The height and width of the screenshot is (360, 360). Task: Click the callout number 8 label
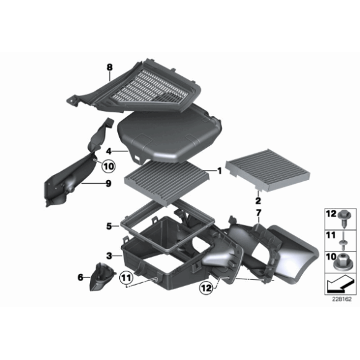(110, 67)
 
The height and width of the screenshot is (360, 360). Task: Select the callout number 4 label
(109, 151)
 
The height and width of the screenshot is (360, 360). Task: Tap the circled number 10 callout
(109, 166)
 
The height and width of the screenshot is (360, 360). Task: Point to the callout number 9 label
(109, 184)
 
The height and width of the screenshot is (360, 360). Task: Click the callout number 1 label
(220, 171)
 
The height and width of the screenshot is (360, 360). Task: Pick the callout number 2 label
(258, 200)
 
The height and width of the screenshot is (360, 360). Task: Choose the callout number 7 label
(259, 213)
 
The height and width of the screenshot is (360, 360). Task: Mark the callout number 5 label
(109, 227)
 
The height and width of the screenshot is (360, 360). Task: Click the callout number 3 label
(109, 256)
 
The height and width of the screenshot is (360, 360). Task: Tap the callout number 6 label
(80, 277)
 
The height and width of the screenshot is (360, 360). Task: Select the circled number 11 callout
(126, 278)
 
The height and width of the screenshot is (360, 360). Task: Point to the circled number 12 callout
(207, 287)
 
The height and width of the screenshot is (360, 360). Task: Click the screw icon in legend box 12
(344, 218)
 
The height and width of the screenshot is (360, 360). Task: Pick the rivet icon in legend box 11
(344, 241)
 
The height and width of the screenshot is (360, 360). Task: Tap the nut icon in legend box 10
(343, 262)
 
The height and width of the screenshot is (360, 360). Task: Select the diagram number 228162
(341, 299)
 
